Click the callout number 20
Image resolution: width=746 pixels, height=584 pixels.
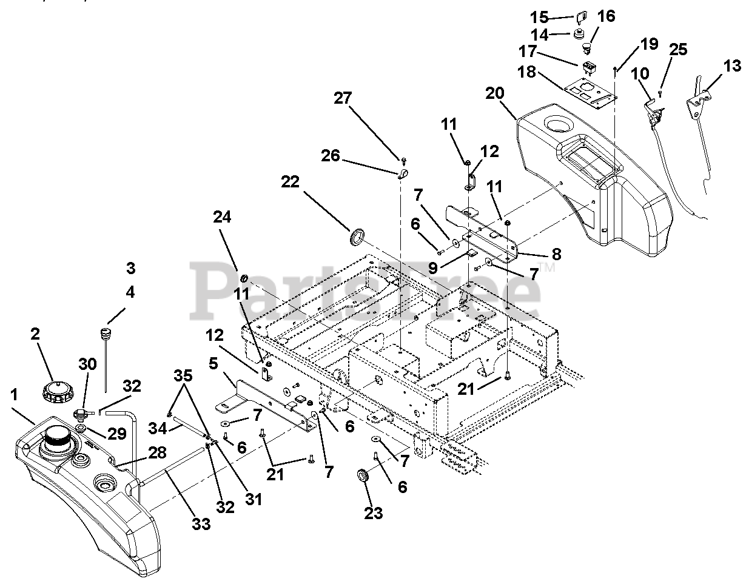pos(494,94)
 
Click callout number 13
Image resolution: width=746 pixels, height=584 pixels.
pos(733,65)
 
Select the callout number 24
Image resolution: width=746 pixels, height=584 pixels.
pos(223,216)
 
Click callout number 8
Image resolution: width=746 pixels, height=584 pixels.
pos(539,253)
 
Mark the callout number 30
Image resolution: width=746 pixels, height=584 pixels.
pos(87,364)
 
